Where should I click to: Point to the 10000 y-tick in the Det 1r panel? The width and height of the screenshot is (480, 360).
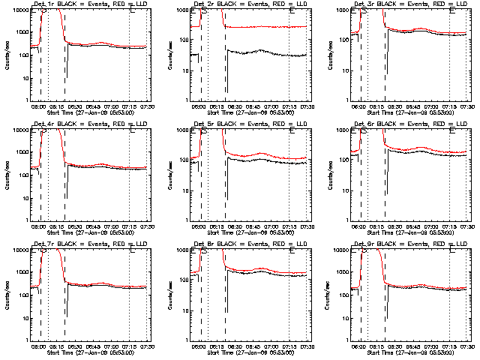pos(19,10)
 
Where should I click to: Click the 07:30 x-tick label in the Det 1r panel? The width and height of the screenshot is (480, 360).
pos(148,106)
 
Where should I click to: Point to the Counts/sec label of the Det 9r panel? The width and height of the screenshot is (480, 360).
pos(327,294)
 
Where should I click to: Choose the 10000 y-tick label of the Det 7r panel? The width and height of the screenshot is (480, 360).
pos(19,250)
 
